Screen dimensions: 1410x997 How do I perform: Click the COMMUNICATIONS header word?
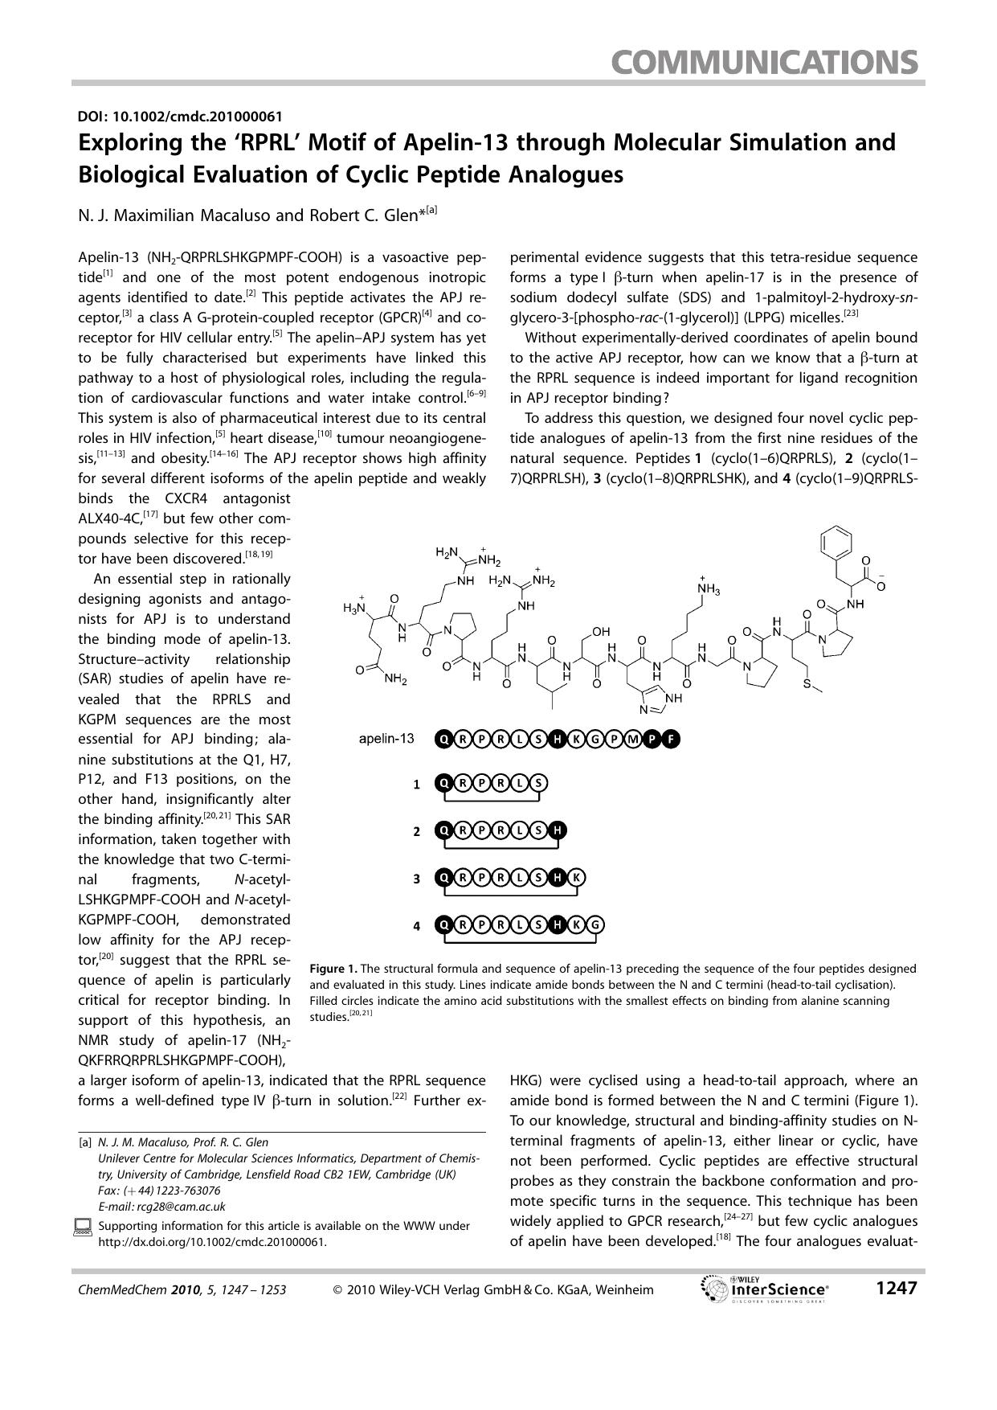coord(763,62)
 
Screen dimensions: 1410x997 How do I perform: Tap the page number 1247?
coord(895,1289)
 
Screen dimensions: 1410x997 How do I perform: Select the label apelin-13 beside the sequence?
coord(386,738)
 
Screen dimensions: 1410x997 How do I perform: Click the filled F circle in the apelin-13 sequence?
coord(670,739)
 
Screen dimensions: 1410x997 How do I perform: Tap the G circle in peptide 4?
coord(595,925)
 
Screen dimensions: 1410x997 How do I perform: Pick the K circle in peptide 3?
coord(575,878)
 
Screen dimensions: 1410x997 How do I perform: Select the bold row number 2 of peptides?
coord(416,831)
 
